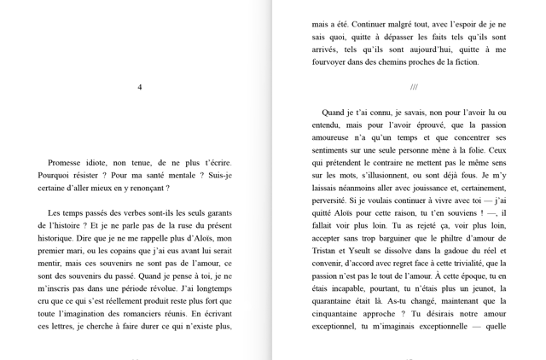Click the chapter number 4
[x=140, y=87]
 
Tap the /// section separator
[x=414, y=87]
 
